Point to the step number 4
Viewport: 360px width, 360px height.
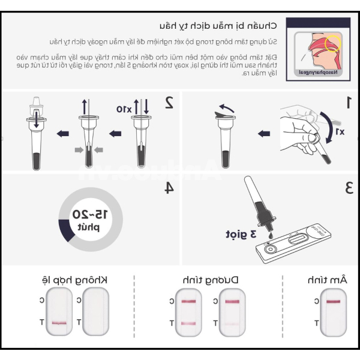169,188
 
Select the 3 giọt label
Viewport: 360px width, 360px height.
240,233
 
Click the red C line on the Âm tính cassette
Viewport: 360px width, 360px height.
333,301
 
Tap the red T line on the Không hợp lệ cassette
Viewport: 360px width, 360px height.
59,323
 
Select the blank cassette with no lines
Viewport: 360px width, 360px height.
95,311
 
